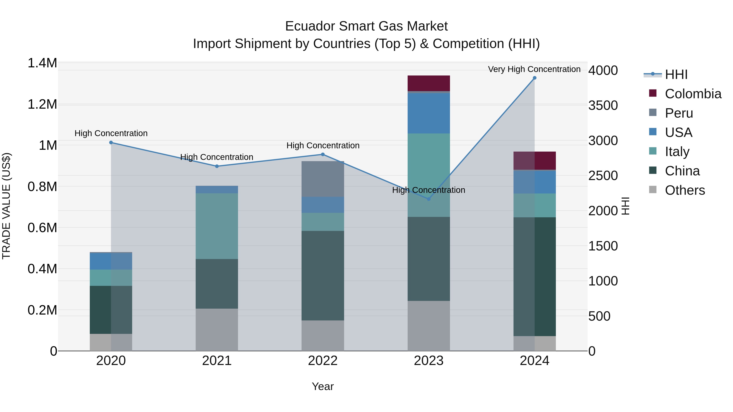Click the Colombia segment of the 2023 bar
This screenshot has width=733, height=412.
pyautogui.click(x=429, y=83)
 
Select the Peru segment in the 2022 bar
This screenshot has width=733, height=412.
pyautogui.click(x=323, y=179)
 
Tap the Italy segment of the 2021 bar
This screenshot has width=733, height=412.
pyautogui.click(x=217, y=226)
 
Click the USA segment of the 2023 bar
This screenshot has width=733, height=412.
pyautogui.click(x=429, y=113)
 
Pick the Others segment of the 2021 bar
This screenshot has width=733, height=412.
pyautogui.click(x=217, y=330)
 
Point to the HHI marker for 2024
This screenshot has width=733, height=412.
pyautogui.click(x=534, y=78)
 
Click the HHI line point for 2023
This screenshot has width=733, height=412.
pyautogui.click(x=429, y=199)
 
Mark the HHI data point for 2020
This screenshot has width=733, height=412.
pyautogui.click(x=111, y=142)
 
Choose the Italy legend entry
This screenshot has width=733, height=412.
pyautogui.click(x=677, y=152)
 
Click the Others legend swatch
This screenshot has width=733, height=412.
pyautogui.click(x=653, y=190)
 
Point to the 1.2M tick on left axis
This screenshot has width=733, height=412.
pyautogui.click(x=42, y=104)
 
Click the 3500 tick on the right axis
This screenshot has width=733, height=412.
pyautogui.click(x=603, y=105)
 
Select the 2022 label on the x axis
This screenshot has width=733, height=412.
pyautogui.click(x=323, y=361)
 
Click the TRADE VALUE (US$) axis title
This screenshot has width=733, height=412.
pyautogui.click(x=6, y=206)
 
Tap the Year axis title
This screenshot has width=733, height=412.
pyautogui.click(x=323, y=386)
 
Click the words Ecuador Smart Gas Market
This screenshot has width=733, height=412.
pyautogui.click(x=366, y=26)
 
